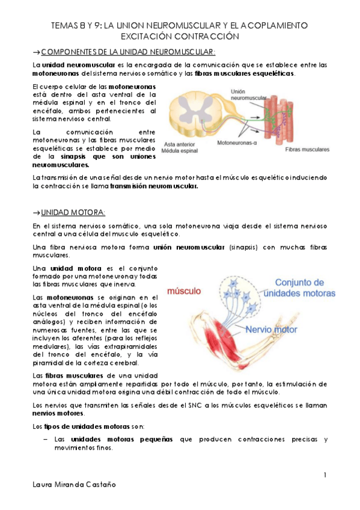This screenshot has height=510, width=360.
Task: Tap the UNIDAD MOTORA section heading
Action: (72, 212)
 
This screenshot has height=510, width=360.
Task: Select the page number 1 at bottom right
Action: (325, 476)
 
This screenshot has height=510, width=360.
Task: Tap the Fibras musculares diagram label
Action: (307, 149)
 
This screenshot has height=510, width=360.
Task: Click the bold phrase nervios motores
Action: (59, 414)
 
